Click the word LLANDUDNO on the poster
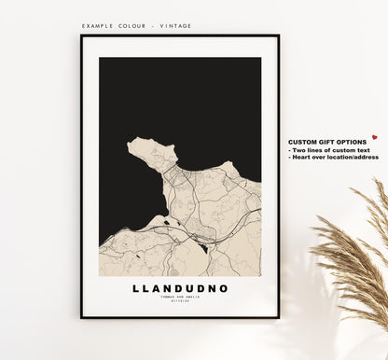180,288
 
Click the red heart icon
374,138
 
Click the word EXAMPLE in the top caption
98,27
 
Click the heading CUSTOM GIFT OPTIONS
327,141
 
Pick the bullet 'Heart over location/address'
333,157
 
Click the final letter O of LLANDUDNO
224,288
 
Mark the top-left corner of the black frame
82,36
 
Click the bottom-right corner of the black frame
278,317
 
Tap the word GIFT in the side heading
327,141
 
